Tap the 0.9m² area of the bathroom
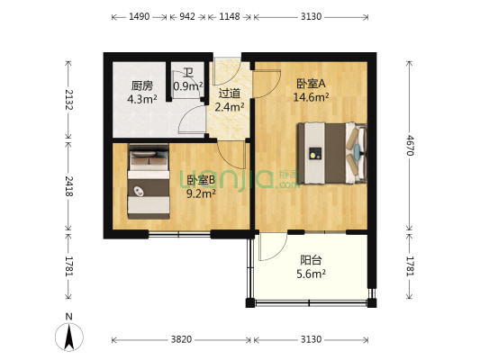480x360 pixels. pyautogui.click(x=187, y=87)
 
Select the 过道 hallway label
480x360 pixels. pyautogui.click(x=229, y=93)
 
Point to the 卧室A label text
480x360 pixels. pyautogui.click(x=310, y=84)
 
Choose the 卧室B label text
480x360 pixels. pyautogui.click(x=200, y=180)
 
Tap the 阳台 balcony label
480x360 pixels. pyautogui.click(x=312, y=260)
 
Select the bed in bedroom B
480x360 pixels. pyautogui.click(x=149, y=183)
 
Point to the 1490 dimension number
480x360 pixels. pyautogui.click(x=139, y=16)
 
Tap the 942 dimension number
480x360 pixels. pyautogui.click(x=187, y=16)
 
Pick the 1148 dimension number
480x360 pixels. pyautogui.click(x=230, y=16)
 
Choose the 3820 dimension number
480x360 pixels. pyautogui.click(x=182, y=339)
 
